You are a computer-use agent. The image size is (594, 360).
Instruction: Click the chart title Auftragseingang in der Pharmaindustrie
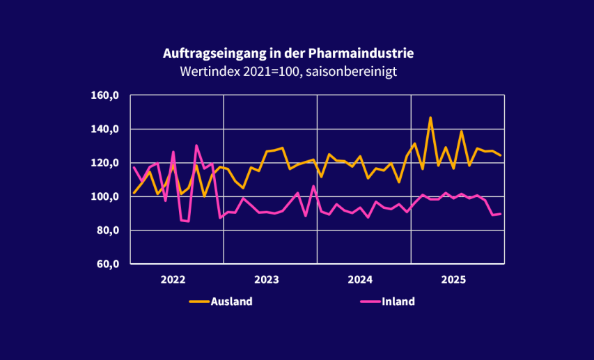288,54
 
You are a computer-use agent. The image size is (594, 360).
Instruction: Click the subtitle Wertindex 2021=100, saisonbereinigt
288,71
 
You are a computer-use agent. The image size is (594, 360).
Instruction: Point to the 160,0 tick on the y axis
107,95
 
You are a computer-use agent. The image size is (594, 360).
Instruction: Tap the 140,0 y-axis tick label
107,130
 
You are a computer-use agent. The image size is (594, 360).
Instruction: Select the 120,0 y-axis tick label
107,163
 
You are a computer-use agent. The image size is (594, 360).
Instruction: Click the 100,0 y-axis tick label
107,196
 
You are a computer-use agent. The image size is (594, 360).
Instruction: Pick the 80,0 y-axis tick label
109,230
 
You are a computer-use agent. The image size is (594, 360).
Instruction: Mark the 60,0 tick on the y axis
109,264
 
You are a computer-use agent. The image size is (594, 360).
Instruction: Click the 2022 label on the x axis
173,280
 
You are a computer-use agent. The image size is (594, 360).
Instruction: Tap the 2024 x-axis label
361,280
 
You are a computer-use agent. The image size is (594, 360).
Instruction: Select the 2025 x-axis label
454,280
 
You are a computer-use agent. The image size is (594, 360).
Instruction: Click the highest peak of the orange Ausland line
430,118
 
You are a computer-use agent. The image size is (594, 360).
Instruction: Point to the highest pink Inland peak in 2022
196,146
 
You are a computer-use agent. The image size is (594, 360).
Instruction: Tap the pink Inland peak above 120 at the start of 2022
173,152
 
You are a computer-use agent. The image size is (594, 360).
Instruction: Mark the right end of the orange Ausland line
501,155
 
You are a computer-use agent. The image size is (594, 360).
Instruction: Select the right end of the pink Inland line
501,214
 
